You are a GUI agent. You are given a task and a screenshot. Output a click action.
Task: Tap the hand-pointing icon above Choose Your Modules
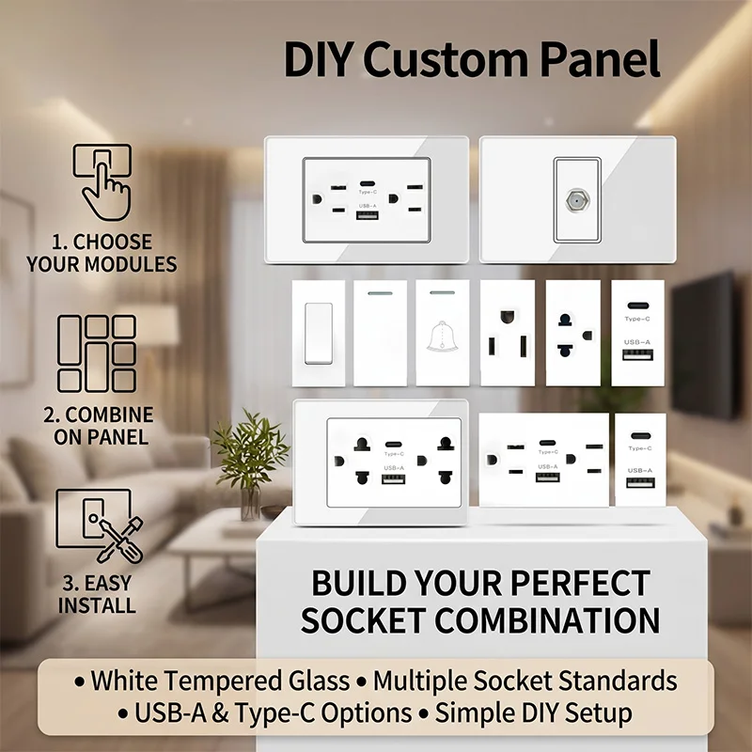tap(102, 179)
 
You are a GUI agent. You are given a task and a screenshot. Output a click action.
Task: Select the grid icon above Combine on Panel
tap(97, 353)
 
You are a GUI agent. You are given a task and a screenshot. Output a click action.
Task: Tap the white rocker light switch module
tap(319, 333)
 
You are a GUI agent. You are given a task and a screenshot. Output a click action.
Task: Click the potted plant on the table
tap(249, 461)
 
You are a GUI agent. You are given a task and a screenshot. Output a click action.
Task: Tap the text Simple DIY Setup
tap(533, 713)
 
